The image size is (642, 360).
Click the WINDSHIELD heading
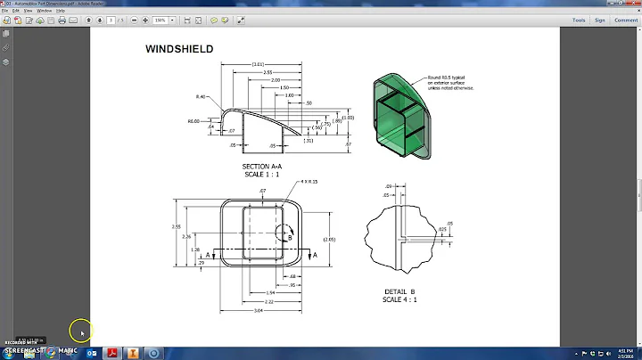[x=179, y=49]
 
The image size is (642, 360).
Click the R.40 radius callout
[x=201, y=96]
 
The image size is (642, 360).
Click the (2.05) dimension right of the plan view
[x=329, y=240]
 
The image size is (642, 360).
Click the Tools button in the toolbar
[x=579, y=19]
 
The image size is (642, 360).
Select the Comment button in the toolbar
[x=625, y=19]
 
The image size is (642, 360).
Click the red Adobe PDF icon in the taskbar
[x=113, y=353]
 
